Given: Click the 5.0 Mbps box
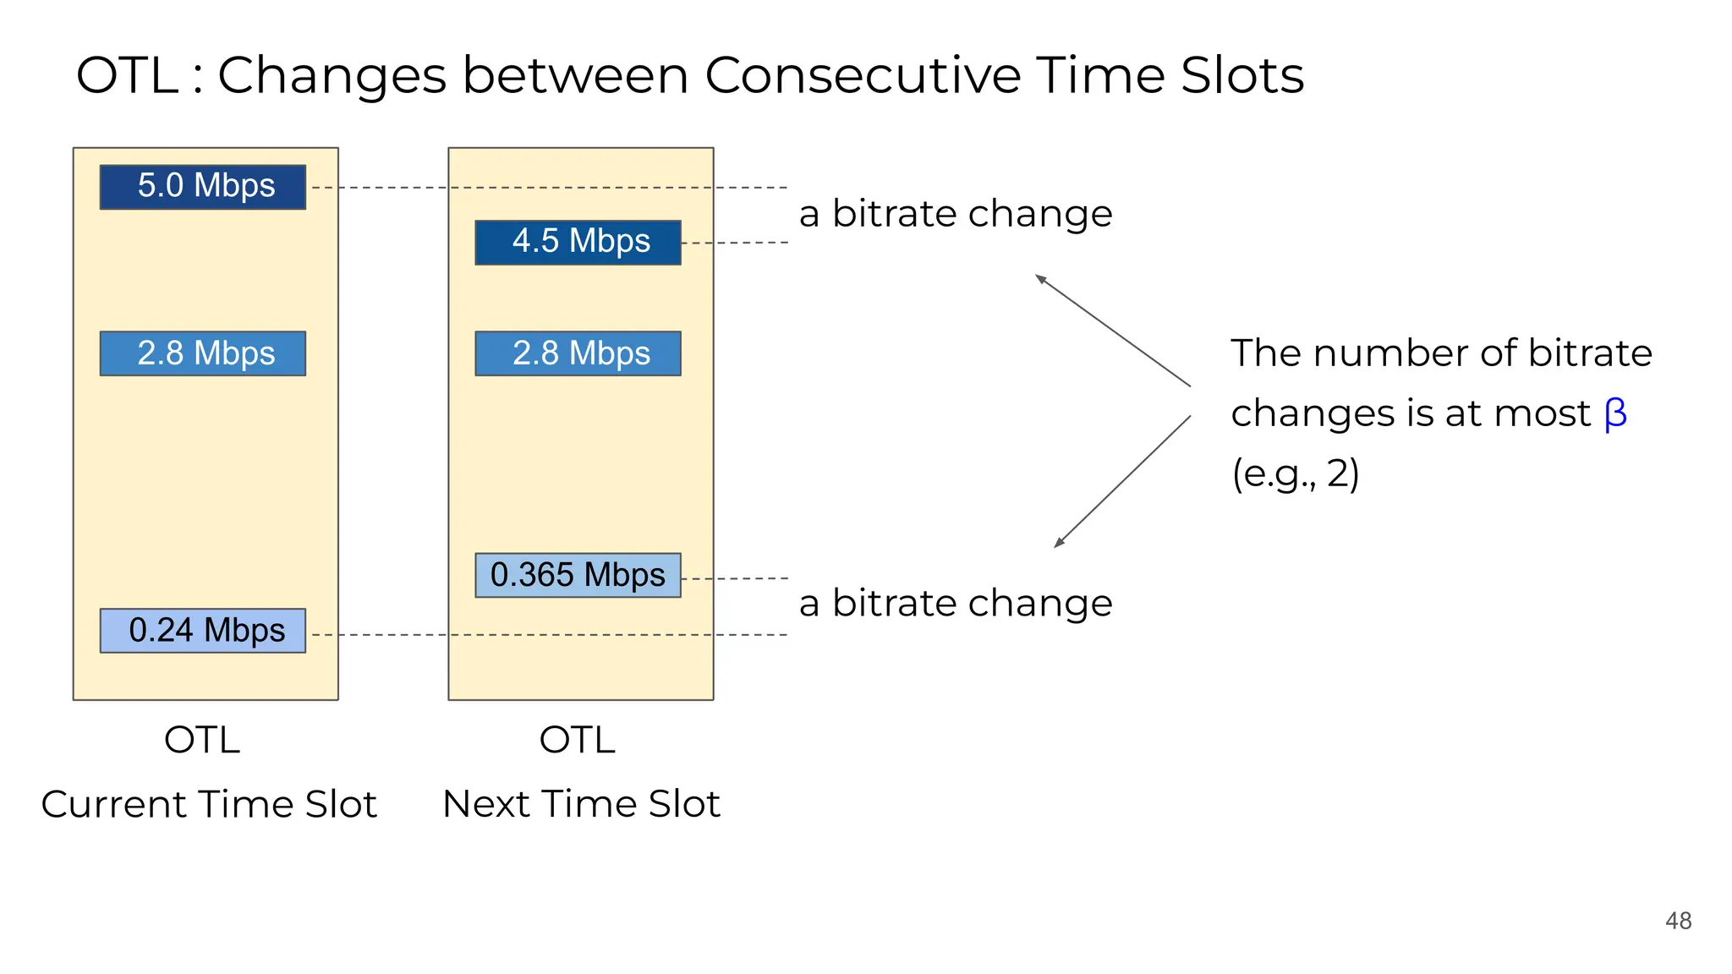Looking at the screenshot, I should pos(203,187).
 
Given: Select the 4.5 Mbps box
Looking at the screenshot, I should pos(578,243).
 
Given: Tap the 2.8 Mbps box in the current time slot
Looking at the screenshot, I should pos(203,353).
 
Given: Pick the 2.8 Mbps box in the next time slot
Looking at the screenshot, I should pos(578,353).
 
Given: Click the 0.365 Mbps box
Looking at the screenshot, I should pos(578,576).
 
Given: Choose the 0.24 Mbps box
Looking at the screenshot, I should pos(203,631).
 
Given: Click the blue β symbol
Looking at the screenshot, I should pos(1615,414).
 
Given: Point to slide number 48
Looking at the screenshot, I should pos(1678,921).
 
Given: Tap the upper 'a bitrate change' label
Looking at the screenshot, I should pos(956,214).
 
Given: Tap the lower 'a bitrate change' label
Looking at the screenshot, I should pos(956,604).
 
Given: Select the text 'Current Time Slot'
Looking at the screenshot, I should pos(209,804).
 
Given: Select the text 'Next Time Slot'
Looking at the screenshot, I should pos(581,804).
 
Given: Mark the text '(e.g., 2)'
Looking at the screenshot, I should pos(1295,474).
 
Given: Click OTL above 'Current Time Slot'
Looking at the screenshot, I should pos(202,741).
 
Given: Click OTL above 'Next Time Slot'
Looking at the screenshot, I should pos(578,741).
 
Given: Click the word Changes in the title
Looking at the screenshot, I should pos(332,75).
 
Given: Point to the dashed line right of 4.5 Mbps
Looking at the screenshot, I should pos(734,243).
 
